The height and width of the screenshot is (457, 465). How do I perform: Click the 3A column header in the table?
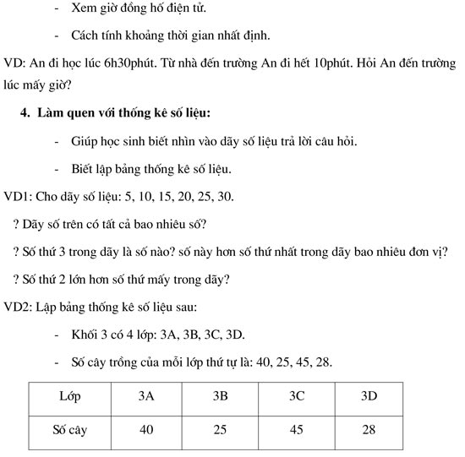146,395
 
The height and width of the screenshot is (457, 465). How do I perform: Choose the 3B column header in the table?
221,395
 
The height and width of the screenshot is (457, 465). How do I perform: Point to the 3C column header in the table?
296,395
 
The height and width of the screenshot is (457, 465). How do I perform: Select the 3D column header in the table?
369,395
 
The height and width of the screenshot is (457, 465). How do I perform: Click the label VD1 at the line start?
17,197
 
